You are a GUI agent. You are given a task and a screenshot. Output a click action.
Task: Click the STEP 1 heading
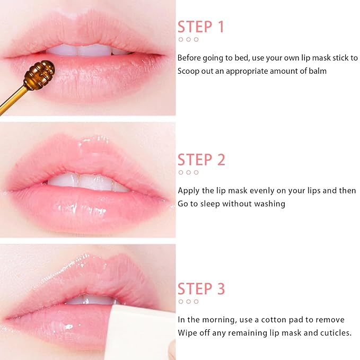tap(201, 27)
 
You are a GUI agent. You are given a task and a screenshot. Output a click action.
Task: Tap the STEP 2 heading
tap(201, 160)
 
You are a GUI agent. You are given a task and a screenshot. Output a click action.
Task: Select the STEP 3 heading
tap(201, 289)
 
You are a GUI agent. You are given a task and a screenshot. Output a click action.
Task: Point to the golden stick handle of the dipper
tap(12, 101)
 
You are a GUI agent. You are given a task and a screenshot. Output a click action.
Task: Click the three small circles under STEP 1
tap(188, 40)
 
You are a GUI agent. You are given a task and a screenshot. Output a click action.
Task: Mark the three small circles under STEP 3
tap(188, 302)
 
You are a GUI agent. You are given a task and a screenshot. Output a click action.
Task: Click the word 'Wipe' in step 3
tap(187, 333)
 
